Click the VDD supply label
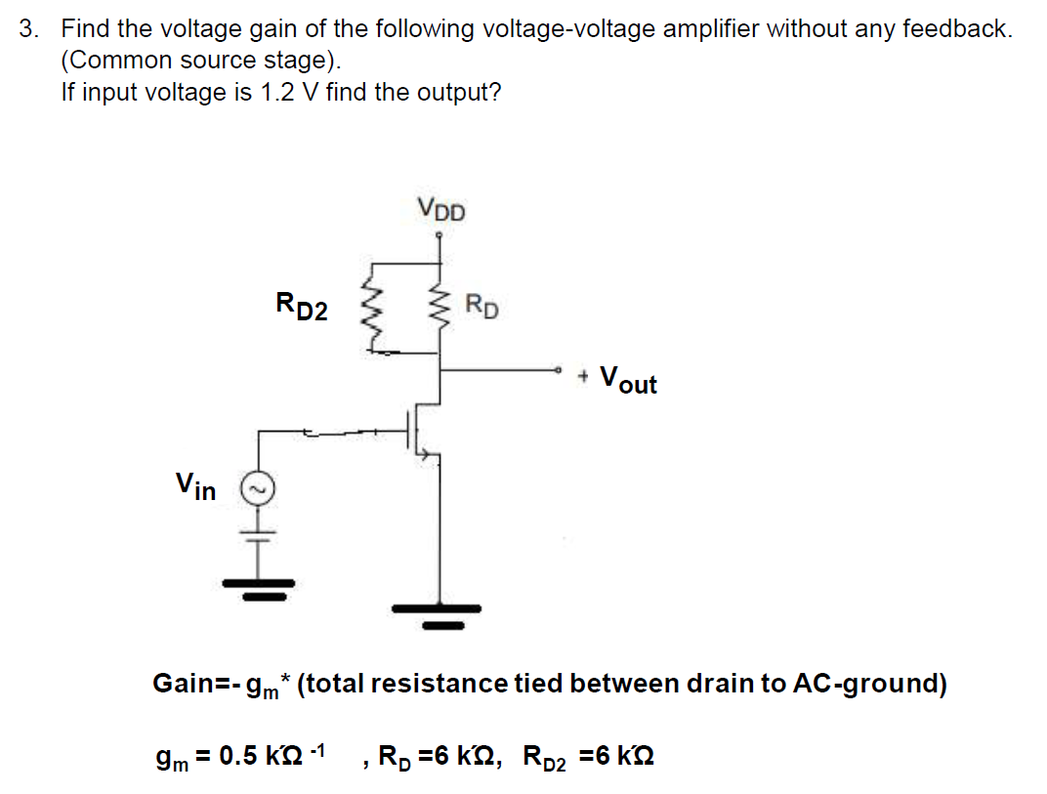click(x=441, y=209)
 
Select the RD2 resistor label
click(x=302, y=308)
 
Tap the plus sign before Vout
click(x=584, y=375)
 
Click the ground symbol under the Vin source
click(x=260, y=588)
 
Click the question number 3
click(x=30, y=28)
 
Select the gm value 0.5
click(x=240, y=756)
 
